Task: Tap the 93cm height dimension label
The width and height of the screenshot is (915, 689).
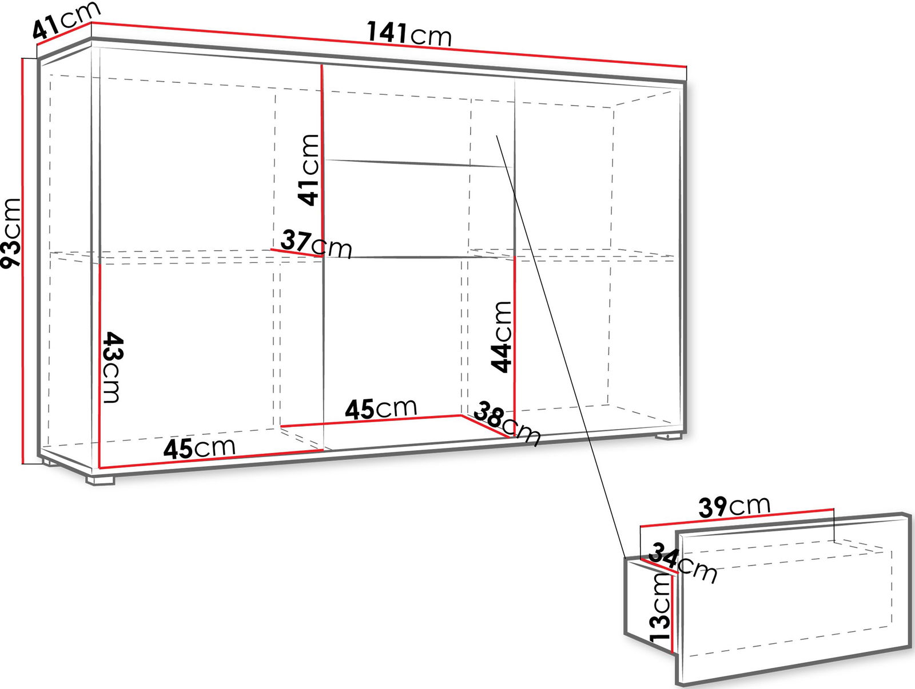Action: point(11,233)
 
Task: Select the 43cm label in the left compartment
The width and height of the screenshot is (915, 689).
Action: point(112,367)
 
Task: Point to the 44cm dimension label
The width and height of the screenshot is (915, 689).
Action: point(500,337)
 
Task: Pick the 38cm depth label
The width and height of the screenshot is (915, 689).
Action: point(507,423)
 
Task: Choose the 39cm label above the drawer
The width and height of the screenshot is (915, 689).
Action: point(734,506)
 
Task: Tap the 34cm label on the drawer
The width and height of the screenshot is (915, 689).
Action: point(683,562)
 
